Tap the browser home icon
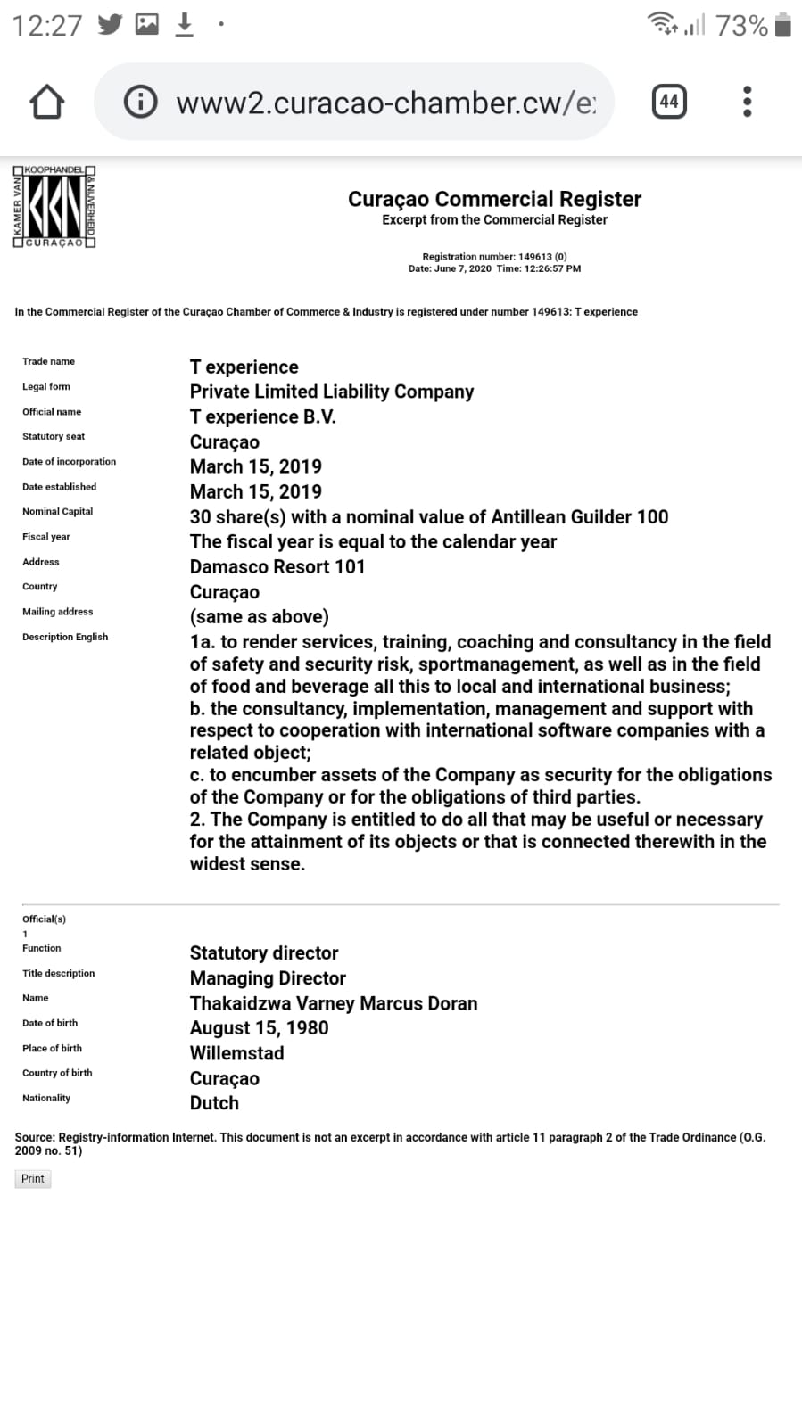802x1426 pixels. tap(47, 102)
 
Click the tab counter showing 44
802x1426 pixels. tap(669, 102)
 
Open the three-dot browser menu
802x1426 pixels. tap(748, 102)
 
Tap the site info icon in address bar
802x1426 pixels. tap(141, 103)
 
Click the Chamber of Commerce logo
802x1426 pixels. tap(54, 206)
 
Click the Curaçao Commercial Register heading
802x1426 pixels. tap(494, 199)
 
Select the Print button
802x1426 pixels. tap(33, 1179)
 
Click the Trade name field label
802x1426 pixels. tap(49, 361)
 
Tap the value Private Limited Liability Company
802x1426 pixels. tap(332, 392)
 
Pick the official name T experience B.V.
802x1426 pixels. tap(263, 416)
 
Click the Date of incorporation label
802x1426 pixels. tap(69, 462)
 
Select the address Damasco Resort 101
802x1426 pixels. tap(277, 566)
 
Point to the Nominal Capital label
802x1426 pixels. tap(58, 512)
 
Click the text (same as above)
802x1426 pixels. tap(259, 616)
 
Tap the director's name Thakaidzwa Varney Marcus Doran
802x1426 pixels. tap(334, 1003)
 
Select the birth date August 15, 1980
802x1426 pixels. tap(259, 1028)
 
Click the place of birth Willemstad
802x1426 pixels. tap(236, 1053)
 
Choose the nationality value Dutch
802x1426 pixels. tap(214, 1103)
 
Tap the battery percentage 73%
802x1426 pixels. tap(741, 26)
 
